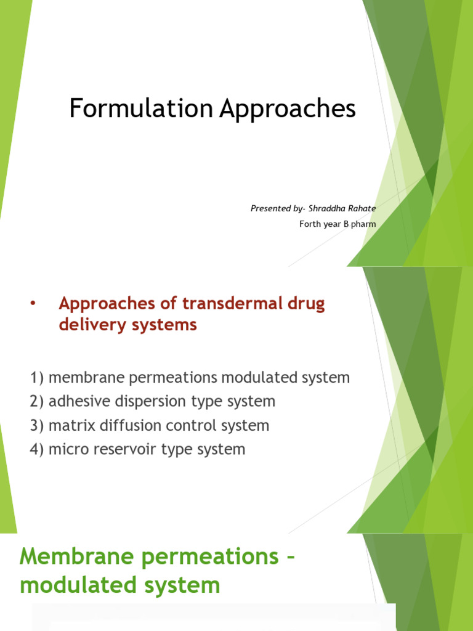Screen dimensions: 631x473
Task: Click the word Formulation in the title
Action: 141,109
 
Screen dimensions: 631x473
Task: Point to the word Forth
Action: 310,224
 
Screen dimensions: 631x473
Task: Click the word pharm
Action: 364,224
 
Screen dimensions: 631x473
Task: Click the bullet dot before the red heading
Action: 33,304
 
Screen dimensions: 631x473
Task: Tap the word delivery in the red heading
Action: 86,325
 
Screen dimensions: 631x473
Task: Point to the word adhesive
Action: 76,402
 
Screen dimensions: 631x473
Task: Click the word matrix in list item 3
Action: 69,426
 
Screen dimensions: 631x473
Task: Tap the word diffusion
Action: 126,426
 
